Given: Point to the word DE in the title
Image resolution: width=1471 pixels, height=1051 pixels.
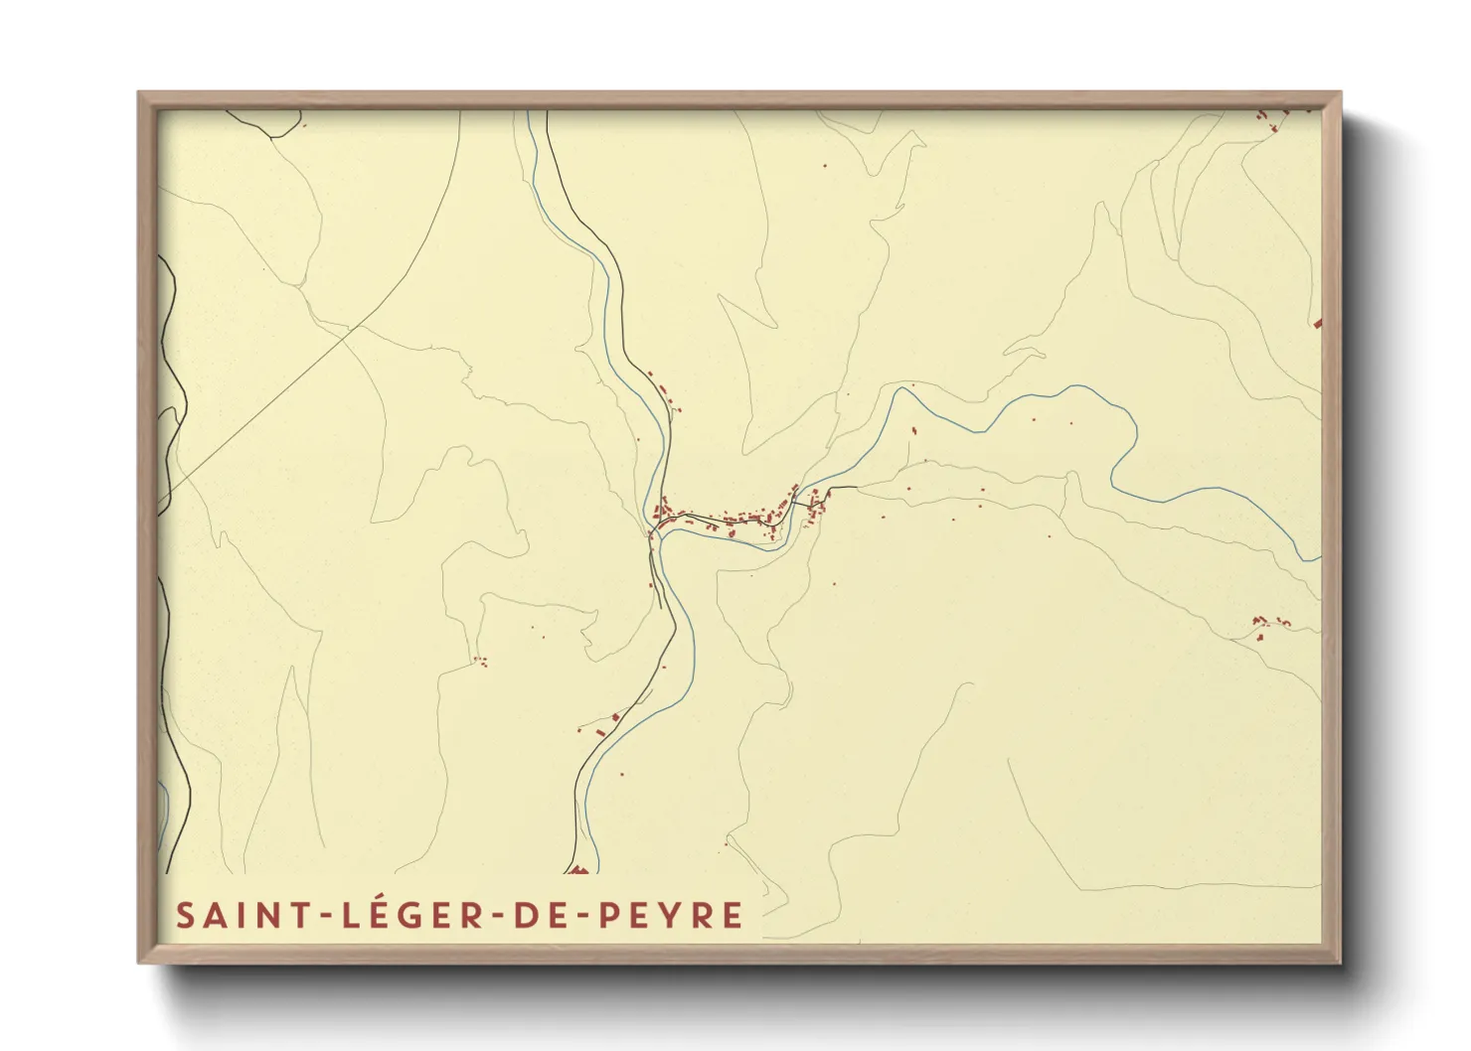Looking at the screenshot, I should [x=538, y=915].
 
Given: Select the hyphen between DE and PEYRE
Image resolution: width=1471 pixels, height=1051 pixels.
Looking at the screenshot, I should [x=582, y=917].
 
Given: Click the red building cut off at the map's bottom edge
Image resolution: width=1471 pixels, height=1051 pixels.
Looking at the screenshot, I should [x=579, y=871].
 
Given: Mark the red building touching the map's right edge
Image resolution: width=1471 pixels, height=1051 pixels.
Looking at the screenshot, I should [x=1317, y=323].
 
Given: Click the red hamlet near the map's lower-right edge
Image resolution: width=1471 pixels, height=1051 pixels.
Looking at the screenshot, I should [x=1267, y=624].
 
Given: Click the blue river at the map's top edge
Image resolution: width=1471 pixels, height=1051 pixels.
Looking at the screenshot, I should [x=528, y=114].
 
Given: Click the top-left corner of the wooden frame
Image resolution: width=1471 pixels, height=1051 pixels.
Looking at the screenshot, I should [x=139, y=93].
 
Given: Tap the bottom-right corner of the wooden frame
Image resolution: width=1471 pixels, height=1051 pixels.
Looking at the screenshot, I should [x=1339, y=962].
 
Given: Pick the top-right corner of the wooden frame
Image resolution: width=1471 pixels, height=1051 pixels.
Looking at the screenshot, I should [x=1339, y=93].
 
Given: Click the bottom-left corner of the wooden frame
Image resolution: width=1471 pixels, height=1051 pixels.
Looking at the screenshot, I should [x=139, y=962].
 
